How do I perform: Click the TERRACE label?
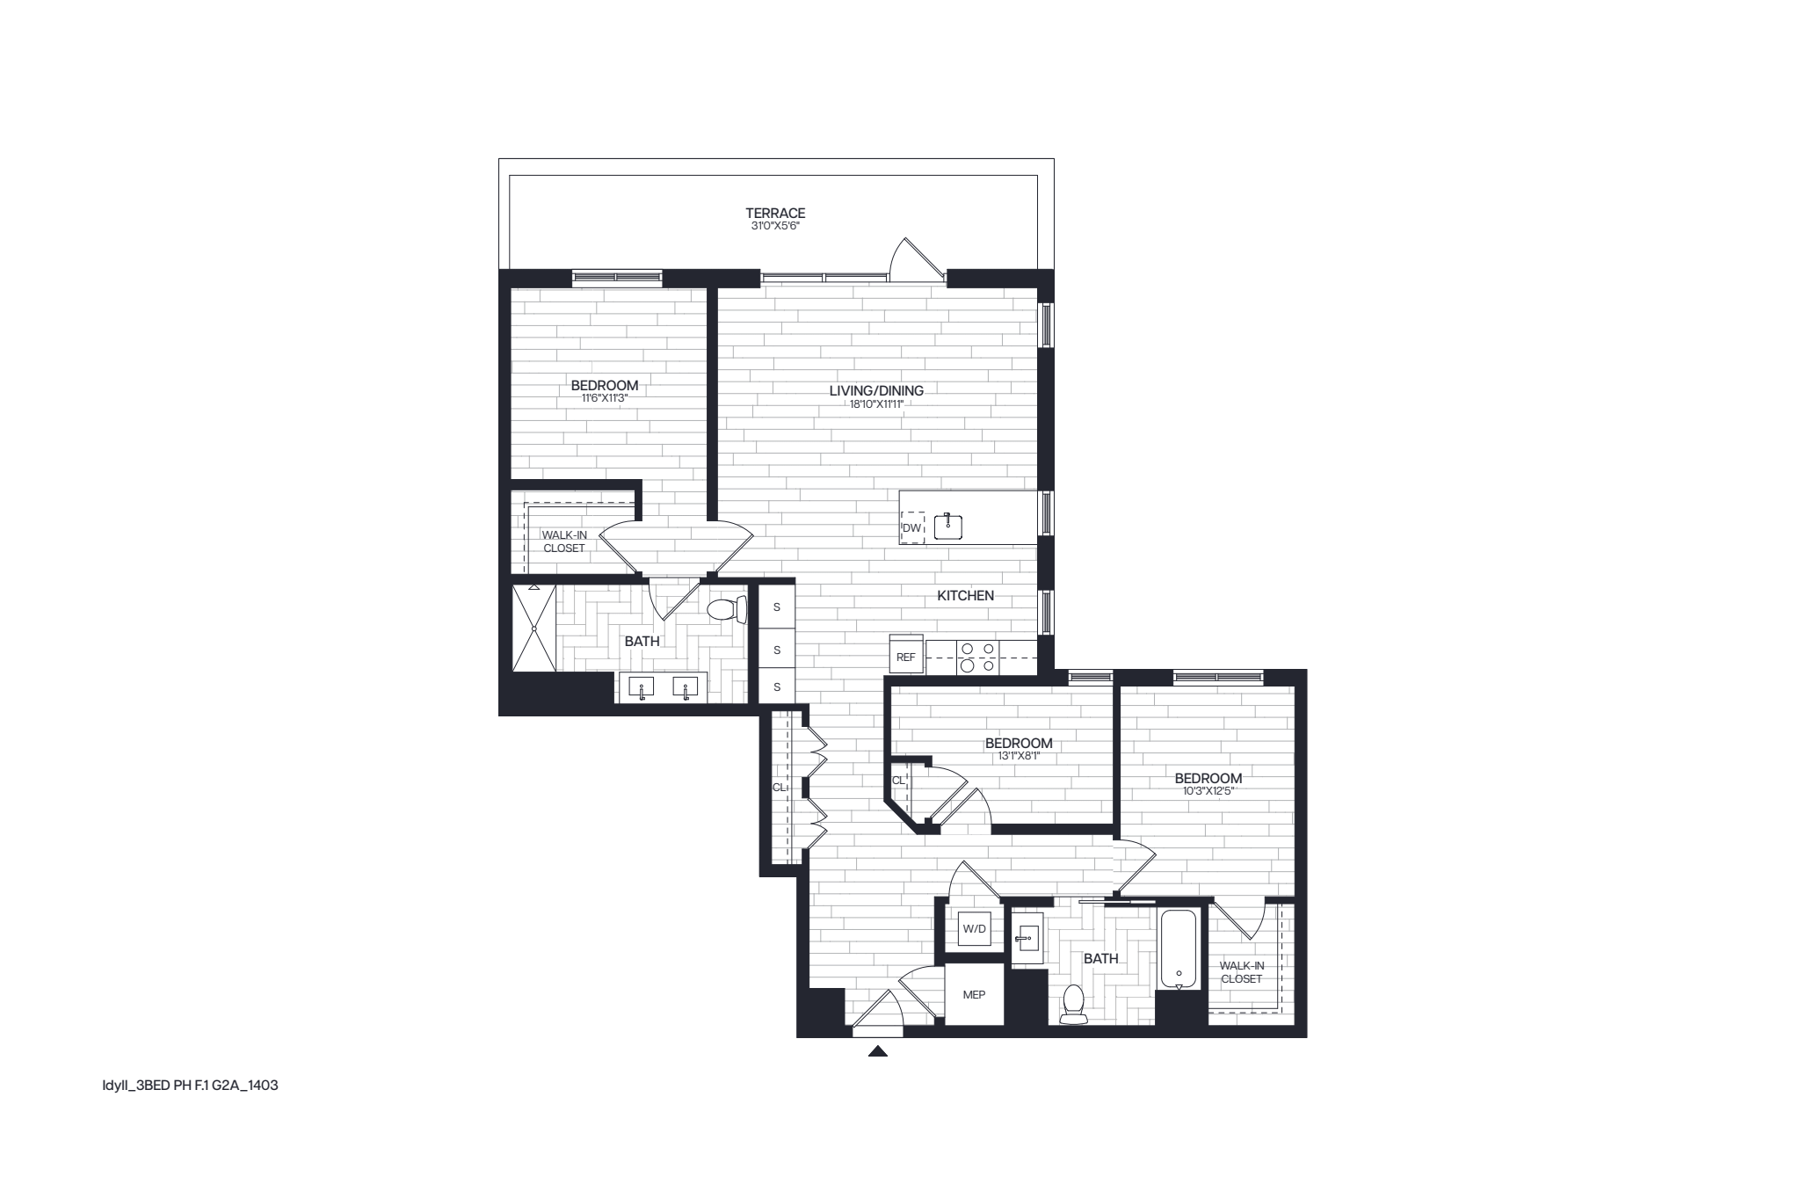pyautogui.click(x=775, y=213)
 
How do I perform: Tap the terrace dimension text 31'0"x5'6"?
pyautogui.click(x=775, y=226)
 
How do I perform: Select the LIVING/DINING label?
pyautogui.click(x=876, y=390)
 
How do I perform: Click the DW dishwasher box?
pyautogui.click(x=912, y=527)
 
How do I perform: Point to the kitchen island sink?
pyautogui.click(x=949, y=526)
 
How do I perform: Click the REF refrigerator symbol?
pyautogui.click(x=906, y=655)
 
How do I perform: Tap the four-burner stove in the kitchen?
pyautogui.click(x=977, y=657)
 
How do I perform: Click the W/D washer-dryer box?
pyautogui.click(x=974, y=928)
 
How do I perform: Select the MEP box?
pyautogui.click(x=974, y=994)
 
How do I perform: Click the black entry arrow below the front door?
pyautogui.click(x=877, y=1050)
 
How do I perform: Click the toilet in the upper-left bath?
pyautogui.click(x=724, y=609)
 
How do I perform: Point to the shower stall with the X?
pyautogui.click(x=534, y=628)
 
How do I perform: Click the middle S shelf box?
pyautogui.click(x=777, y=650)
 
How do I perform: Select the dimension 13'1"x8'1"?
pyautogui.click(x=1019, y=755)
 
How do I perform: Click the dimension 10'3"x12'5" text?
pyautogui.click(x=1208, y=790)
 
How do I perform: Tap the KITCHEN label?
pyautogui.click(x=965, y=595)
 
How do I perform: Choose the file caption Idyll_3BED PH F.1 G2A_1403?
pyautogui.click(x=190, y=1086)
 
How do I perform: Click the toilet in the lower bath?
pyautogui.click(x=1073, y=1003)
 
